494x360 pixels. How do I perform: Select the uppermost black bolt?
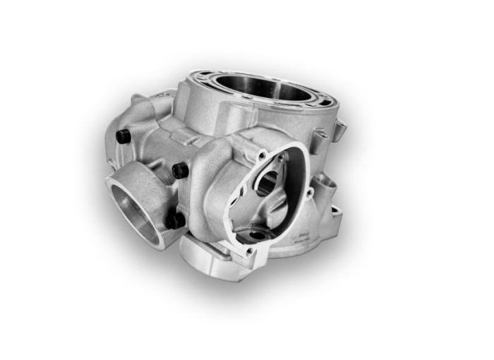tap(123, 136)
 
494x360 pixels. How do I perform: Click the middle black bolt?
tap(181, 170)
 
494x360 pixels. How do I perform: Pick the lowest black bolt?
tap(175, 220)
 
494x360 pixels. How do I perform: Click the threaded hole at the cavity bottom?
tap(256, 234)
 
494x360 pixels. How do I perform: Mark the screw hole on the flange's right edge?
tap(308, 192)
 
